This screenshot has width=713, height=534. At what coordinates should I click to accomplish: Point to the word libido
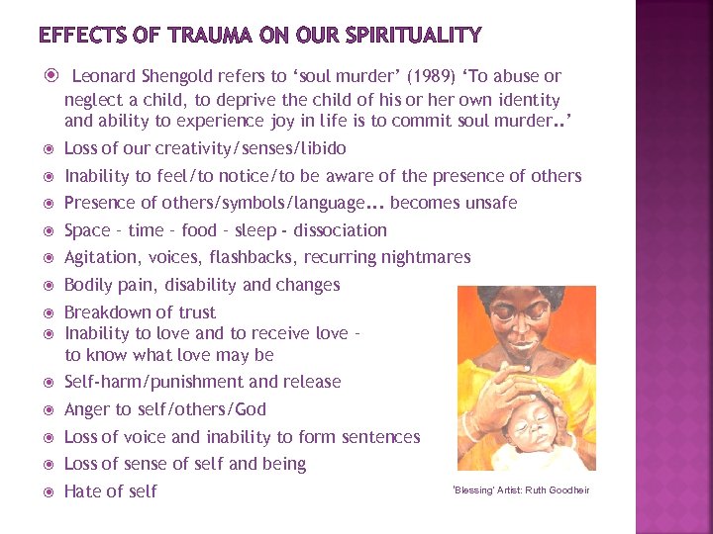319,148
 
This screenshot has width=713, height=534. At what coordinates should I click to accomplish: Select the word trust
193,312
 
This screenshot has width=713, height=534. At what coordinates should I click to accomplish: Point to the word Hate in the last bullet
84,491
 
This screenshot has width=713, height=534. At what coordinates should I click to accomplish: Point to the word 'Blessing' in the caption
472,490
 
